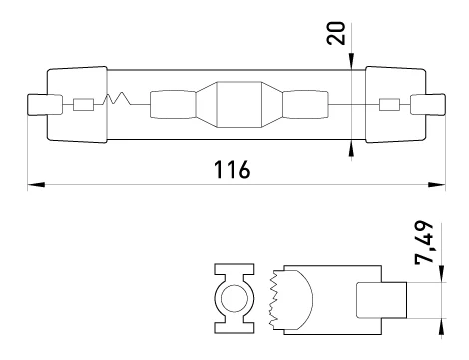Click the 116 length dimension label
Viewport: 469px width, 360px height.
(232, 170)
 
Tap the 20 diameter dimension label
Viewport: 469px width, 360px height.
(336, 33)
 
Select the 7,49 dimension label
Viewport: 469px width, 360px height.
(424, 242)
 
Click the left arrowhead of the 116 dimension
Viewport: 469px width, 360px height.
(36, 184)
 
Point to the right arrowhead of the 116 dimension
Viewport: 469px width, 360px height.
(436, 184)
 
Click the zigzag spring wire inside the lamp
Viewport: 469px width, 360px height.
(117, 98)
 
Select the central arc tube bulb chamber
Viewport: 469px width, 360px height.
(239, 104)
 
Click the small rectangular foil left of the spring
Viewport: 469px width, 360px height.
(83, 105)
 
